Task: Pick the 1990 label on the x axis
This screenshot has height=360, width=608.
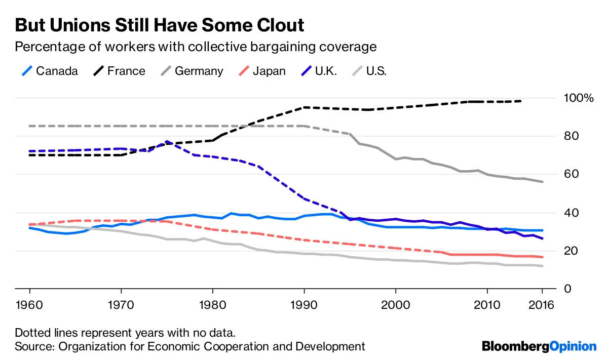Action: tap(304, 306)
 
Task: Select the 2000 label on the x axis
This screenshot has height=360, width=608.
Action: tap(395, 306)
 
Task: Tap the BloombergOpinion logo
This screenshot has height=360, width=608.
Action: tap(539, 347)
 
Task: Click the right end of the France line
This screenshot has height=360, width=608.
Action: tap(521, 101)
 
